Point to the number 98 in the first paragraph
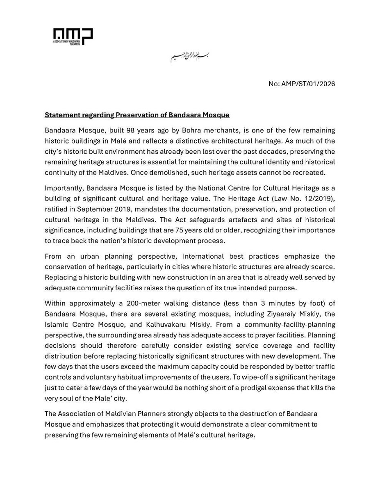coord(123,130)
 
